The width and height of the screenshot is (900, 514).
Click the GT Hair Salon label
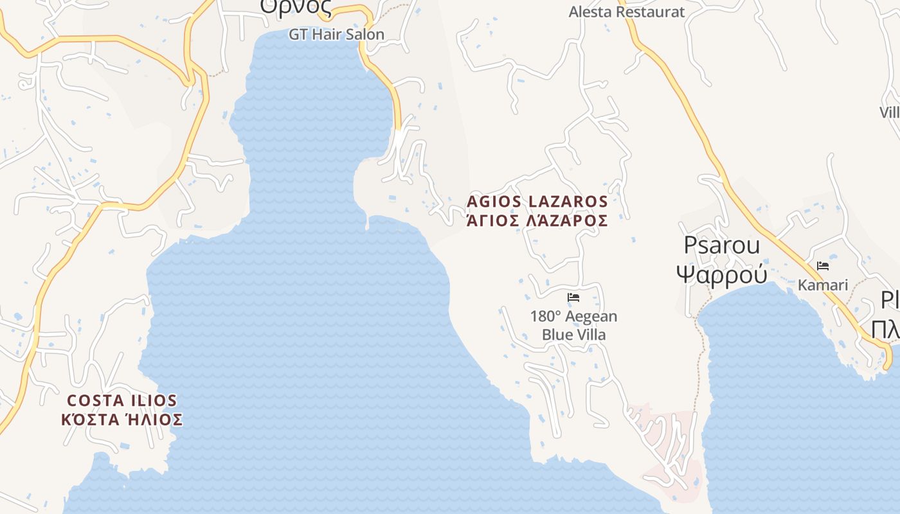(x=336, y=35)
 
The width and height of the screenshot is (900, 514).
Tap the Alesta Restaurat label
(x=627, y=12)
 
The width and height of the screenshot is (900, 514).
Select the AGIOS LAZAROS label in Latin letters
(x=537, y=201)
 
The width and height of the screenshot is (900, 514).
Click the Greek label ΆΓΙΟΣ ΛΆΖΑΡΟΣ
(x=537, y=220)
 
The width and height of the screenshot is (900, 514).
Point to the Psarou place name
(x=721, y=245)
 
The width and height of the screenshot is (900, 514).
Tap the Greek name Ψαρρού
(x=721, y=274)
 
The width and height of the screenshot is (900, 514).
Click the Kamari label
(x=823, y=285)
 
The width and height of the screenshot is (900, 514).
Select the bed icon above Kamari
(x=823, y=265)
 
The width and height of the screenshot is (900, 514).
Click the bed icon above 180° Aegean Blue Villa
(x=573, y=297)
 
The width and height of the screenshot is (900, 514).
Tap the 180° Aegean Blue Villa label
(x=573, y=325)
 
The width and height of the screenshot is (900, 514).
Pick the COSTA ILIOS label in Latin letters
(x=122, y=400)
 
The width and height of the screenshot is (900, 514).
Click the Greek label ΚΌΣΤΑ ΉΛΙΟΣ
(x=122, y=420)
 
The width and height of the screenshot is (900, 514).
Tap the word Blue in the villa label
(x=557, y=335)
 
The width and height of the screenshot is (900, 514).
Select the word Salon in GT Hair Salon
(x=365, y=35)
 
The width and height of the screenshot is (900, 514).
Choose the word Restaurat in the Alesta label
(x=651, y=12)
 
